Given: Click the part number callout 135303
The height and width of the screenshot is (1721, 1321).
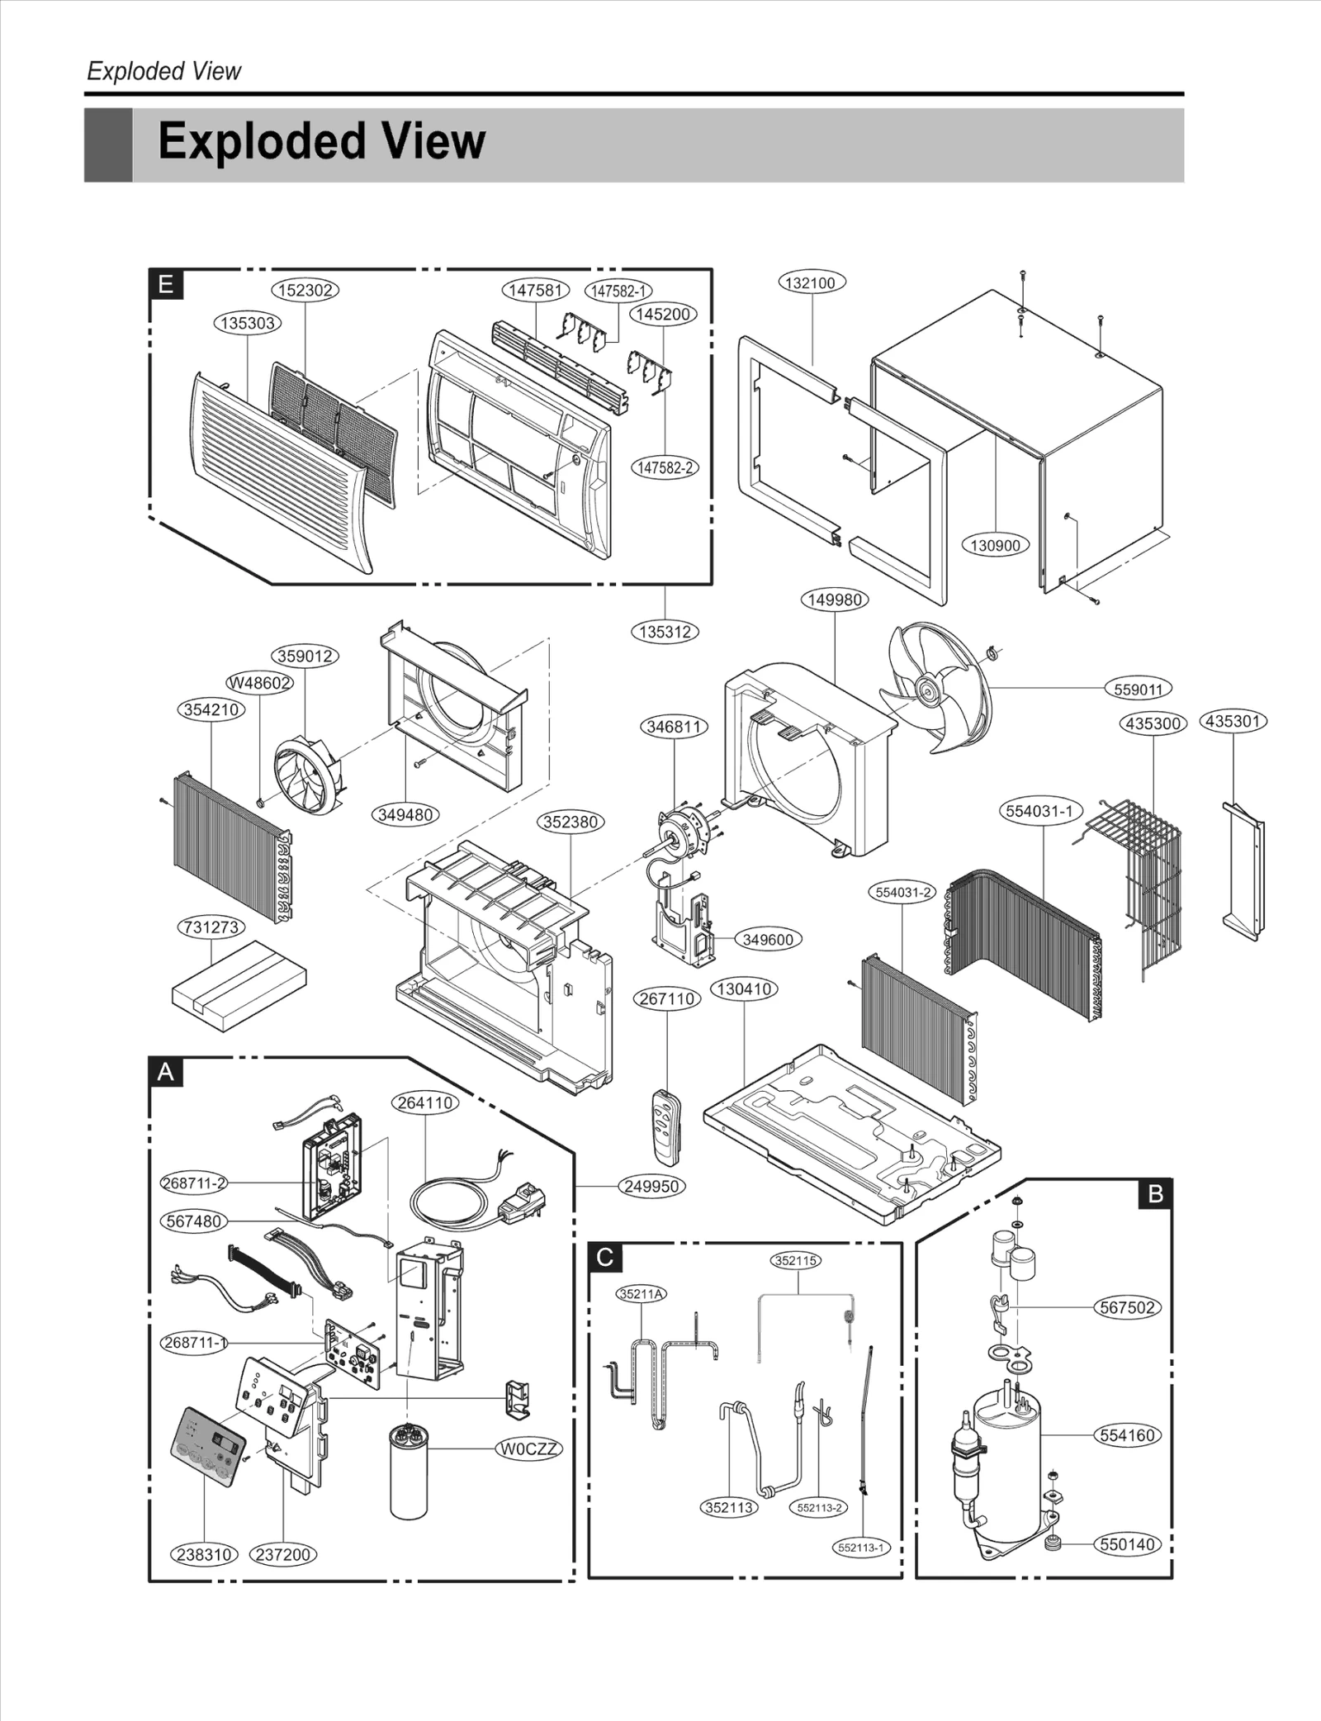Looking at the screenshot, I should click(249, 323).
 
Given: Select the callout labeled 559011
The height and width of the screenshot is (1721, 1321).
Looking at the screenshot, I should click(1138, 689).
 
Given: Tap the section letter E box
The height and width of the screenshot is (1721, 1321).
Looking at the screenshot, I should click(166, 285).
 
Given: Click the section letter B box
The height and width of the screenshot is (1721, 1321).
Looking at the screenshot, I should click(1155, 1193).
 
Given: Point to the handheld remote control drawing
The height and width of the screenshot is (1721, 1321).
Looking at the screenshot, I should click(666, 1127).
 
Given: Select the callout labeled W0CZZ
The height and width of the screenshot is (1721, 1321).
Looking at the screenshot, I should click(529, 1448).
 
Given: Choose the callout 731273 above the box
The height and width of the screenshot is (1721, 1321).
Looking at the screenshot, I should click(211, 927).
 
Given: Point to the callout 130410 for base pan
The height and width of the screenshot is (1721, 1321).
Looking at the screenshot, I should click(744, 989).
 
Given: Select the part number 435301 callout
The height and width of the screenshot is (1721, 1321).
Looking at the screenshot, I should click(1233, 721).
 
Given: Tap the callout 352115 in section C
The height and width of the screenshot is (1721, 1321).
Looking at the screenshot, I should click(797, 1260).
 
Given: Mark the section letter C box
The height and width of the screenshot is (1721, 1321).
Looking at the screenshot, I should click(605, 1258).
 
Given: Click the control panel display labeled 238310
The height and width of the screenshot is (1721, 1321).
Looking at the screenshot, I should click(208, 1446).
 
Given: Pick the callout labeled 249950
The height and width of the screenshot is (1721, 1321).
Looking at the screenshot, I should click(651, 1186).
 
